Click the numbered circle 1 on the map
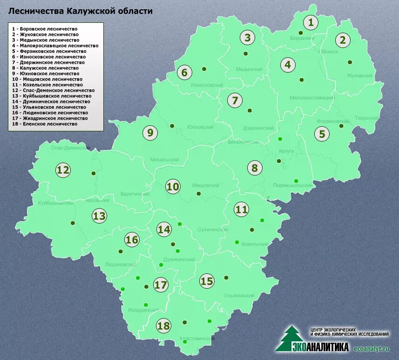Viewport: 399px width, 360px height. pos(311,22)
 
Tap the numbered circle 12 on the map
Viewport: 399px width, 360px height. pos(63,170)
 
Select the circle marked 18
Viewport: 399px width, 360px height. pos(163,326)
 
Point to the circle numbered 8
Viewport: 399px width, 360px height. pos(254,168)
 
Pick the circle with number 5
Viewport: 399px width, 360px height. pos(321,134)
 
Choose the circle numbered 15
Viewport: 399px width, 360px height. pos(207,281)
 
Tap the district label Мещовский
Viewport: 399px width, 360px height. pos(205,185)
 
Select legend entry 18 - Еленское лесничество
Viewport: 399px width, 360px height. pos(45,124)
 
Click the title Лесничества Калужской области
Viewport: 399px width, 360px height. pos(81,10)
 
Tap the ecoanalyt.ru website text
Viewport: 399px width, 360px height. pos(372,348)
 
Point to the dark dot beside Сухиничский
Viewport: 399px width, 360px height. pos(252,230)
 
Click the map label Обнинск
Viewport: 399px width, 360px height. pos(329,52)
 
